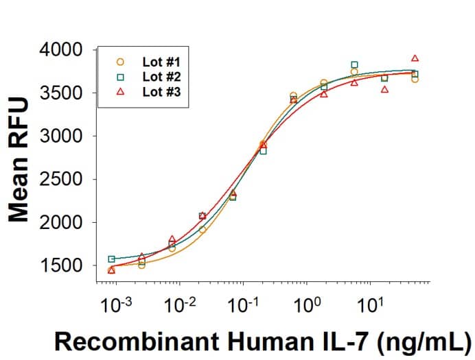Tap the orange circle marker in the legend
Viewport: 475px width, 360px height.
click(120, 62)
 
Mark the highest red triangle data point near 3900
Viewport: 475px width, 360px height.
click(415, 58)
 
